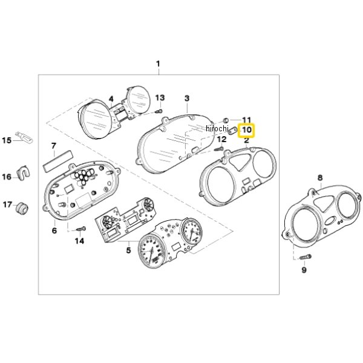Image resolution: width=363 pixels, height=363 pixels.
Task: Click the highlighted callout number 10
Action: (x=247, y=129)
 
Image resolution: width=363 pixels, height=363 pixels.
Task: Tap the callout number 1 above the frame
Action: (x=158, y=64)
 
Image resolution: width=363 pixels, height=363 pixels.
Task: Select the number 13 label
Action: (x=160, y=98)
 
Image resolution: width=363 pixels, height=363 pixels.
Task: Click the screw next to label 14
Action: (x=81, y=229)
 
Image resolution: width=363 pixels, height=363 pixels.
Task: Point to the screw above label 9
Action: (x=306, y=257)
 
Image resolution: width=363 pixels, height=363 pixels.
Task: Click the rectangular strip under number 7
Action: (x=57, y=161)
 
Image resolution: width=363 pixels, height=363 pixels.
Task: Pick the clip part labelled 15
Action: (x=24, y=137)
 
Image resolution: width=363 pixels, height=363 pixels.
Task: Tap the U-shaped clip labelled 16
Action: (x=23, y=173)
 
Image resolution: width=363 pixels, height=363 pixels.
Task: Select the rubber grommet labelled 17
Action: (x=22, y=208)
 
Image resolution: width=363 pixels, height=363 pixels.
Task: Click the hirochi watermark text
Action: (x=217, y=128)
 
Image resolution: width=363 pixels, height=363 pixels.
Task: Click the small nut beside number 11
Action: (x=226, y=120)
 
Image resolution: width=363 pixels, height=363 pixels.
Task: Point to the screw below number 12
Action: (x=219, y=148)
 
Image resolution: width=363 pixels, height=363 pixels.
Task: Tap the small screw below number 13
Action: (x=159, y=111)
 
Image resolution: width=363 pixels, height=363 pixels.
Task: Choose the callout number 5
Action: (x=128, y=250)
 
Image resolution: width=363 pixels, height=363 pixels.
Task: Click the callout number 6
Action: (x=54, y=231)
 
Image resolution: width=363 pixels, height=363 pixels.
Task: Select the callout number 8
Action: (x=320, y=177)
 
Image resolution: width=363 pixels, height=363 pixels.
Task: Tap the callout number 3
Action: (x=187, y=98)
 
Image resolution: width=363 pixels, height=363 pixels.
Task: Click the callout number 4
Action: (x=111, y=99)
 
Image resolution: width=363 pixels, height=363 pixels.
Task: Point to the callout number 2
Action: (x=246, y=140)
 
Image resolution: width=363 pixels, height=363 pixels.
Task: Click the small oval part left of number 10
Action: (x=232, y=130)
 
